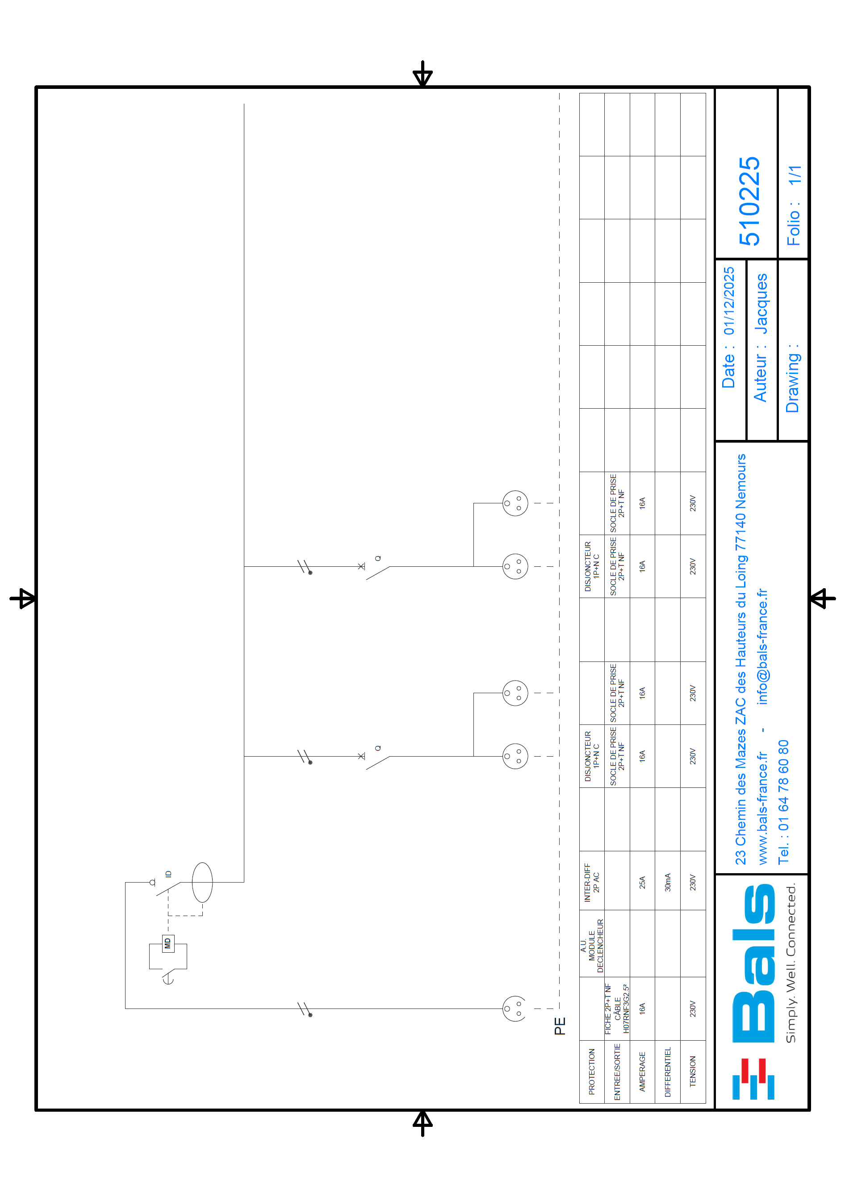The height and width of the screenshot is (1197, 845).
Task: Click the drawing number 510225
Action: tap(749, 201)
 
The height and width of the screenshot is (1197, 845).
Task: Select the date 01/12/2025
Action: tap(729, 301)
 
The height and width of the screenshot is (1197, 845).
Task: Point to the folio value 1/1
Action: tap(794, 175)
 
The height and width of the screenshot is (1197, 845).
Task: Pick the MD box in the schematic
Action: tap(168, 943)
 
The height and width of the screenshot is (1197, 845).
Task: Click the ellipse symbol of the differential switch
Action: tap(202, 882)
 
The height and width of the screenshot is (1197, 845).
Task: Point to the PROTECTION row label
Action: tap(592, 1071)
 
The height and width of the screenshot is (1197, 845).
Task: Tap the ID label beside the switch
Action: tap(168, 874)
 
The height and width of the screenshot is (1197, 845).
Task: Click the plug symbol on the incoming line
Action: tap(514, 1008)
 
